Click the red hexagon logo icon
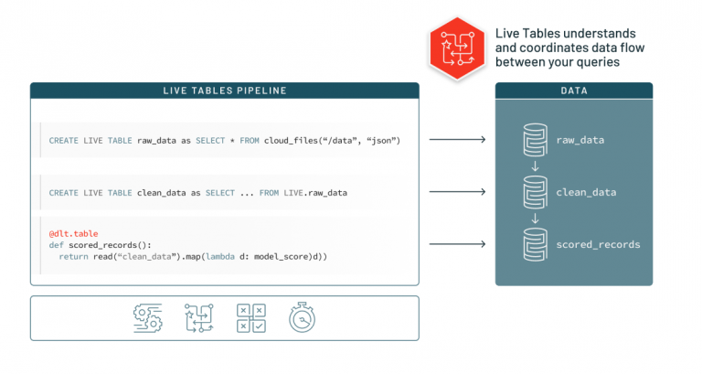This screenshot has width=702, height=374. (x=454, y=48)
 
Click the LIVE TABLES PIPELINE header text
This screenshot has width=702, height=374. (x=224, y=91)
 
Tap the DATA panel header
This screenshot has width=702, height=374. (x=573, y=91)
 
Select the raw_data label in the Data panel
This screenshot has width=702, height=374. (x=580, y=140)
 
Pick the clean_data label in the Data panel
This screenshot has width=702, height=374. (x=586, y=192)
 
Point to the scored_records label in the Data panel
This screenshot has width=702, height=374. (x=598, y=244)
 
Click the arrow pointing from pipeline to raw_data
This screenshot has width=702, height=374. (x=457, y=140)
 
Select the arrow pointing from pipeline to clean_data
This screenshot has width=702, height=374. (x=457, y=192)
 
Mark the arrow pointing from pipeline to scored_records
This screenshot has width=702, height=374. (x=457, y=244)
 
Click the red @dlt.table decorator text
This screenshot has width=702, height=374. (x=73, y=234)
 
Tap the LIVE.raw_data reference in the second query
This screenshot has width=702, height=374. (x=315, y=192)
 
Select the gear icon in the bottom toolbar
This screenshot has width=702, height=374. (x=147, y=316)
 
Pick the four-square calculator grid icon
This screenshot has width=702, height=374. (x=250, y=316)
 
